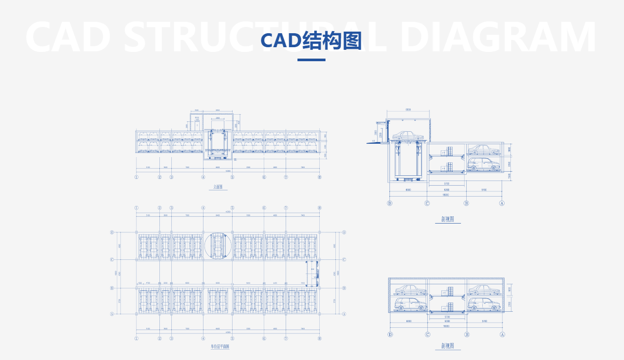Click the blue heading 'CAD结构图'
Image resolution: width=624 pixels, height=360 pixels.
click(x=311, y=41)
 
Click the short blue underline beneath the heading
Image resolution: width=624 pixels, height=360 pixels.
click(x=311, y=60)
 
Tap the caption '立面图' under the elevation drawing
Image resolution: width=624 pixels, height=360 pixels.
click(x=218, y=187)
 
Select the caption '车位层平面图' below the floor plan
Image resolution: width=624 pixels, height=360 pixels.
click(x=220, y=347)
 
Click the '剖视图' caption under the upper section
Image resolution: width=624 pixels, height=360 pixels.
click(x=447, y=219)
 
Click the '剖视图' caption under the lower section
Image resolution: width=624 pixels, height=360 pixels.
click(x=447, y=345)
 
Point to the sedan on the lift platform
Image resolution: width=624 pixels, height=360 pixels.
click(x=409, y=135)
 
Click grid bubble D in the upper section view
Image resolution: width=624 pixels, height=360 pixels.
click(x=390, y=203)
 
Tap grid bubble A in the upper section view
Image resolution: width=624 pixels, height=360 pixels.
click(x=502, y=203)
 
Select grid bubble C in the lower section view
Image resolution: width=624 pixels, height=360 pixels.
click(x=428, y=335)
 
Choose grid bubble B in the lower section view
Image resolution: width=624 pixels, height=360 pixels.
click(x=467, y=335)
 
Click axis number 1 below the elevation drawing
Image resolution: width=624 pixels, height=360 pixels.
click(x=137, y=177)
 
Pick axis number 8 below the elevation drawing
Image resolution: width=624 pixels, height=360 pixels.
click(x=319, y=177)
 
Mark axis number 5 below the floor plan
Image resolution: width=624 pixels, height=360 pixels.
click(x=232, y=339)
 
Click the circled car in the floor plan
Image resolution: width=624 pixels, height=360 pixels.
click(x=218, y=245)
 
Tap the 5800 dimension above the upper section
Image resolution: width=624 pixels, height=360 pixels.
click(x=408, y=110)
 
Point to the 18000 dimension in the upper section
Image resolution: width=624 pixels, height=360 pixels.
click(x=445, y=195)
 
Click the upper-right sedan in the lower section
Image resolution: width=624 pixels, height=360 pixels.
click(x=483, y=289)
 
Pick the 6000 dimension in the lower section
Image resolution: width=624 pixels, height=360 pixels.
click(x=409, y=321)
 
